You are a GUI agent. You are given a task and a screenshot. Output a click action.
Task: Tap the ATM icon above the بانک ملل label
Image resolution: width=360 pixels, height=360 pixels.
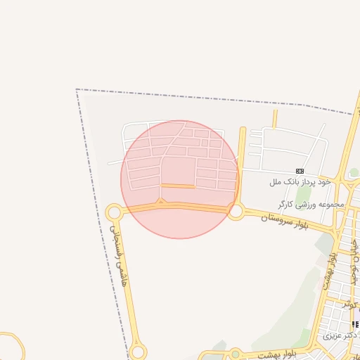tap(300, 171)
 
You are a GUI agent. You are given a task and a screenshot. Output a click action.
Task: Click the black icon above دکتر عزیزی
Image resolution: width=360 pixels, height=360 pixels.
tap(354, 324)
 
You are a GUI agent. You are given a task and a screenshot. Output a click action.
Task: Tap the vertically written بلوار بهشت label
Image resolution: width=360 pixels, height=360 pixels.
tap(330, 270)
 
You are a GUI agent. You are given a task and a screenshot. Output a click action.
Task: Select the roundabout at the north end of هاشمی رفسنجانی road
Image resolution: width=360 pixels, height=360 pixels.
tap(114, 212)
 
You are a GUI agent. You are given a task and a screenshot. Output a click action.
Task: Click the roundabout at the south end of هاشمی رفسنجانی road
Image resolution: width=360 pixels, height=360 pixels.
tap(138, 352)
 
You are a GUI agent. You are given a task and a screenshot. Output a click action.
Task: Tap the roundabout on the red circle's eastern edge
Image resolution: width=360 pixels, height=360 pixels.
tap(235, 210)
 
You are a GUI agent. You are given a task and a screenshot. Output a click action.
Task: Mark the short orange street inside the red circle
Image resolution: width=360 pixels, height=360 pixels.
tap(179, 186)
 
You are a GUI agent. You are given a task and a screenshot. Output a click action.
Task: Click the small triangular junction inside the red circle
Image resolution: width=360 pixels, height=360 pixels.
tap(160, 202)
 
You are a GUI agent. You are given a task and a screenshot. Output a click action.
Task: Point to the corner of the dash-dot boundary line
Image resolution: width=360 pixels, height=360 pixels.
tap(77, 89)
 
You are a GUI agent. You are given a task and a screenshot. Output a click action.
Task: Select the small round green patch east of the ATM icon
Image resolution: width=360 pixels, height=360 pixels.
tap(354, 172)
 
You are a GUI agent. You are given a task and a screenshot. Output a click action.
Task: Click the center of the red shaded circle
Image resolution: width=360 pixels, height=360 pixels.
tap(180, 179)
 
